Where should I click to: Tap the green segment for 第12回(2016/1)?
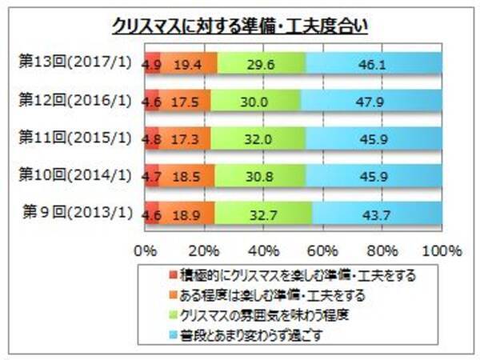(256, 101)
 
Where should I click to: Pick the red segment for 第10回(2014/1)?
(150, 176)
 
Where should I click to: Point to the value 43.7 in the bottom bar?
(378, 214)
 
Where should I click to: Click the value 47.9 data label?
(371, 101)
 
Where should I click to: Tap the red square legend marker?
(175, 276)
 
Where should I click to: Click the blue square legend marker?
(175, 331)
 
